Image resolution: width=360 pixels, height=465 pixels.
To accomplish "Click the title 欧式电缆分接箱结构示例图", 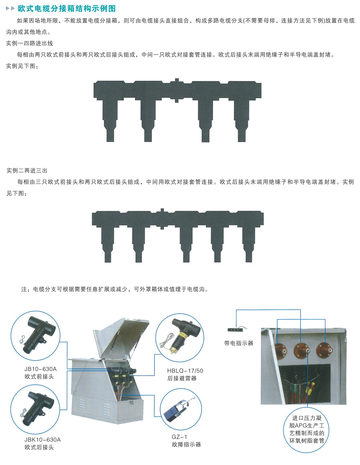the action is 67,9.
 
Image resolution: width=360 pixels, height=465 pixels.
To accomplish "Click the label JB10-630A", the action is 40,369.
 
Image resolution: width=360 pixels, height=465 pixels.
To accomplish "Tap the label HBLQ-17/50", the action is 185,371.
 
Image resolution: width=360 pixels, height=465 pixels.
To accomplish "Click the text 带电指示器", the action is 239,343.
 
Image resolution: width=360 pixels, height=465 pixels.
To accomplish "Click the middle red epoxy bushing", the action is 302,350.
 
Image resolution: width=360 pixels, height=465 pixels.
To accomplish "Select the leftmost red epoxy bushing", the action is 281,351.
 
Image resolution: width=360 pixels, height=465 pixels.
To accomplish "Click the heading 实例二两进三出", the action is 27,170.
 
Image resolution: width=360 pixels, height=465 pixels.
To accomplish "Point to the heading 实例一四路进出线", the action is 30,44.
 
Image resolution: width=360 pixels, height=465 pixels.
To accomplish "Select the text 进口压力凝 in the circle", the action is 307,418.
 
